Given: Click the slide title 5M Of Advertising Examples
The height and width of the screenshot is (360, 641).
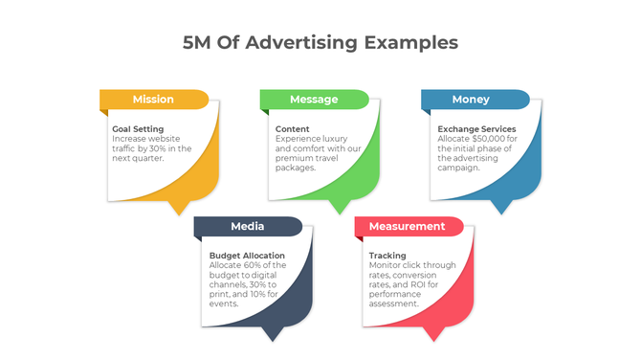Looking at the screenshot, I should pyautogui.click(x=320, y=43).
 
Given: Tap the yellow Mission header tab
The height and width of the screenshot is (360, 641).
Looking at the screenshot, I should pyautogui.click(x=153, y=100).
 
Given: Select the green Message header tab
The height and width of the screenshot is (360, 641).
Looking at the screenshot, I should pyautogui.click(x=314, y=100).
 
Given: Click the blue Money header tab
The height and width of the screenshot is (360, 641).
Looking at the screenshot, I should pyautogui.click(x=471, y=100).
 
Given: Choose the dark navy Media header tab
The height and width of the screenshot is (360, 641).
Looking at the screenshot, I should pyautogui.click(x=247, y=227).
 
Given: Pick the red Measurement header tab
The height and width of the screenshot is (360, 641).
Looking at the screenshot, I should pyautogui.click(x=407, y=227).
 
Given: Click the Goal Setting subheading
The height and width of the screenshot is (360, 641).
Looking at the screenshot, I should pyautogui.click(x=138, y=129).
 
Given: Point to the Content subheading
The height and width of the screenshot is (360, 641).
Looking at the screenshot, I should pyautogui.click(x=293, y=129).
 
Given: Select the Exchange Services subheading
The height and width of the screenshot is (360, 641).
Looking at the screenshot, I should pyautogui.click(x=476, y=129).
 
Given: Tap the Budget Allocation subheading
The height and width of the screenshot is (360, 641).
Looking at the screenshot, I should pyautogui.click(x=247, y=256).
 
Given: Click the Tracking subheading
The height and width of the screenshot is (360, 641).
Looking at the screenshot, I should pyautogui.click(x=387, y=256).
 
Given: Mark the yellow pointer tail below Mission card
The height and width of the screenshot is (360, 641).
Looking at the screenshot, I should pyautogui.click(x=178, y=207).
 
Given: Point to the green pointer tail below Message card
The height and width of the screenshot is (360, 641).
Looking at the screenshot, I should pyautogui.click(x=338, y=207).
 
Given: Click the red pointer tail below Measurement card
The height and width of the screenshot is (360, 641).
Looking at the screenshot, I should pyautogui.click(x=435, y=334).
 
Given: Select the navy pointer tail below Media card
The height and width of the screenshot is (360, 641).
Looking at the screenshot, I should pyautogui.click(x=275, y=334).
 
